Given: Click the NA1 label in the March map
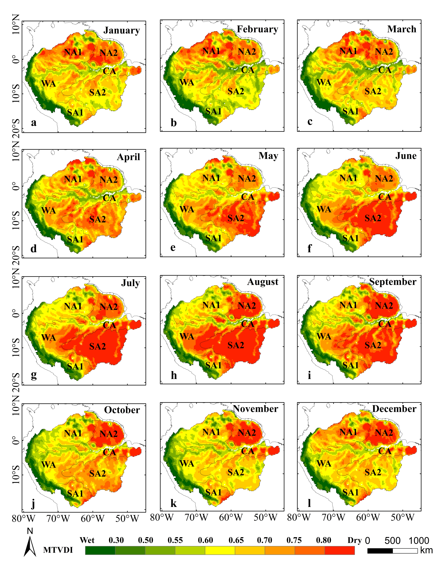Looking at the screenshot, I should (348, 51).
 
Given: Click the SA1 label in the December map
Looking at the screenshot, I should (350, 492).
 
